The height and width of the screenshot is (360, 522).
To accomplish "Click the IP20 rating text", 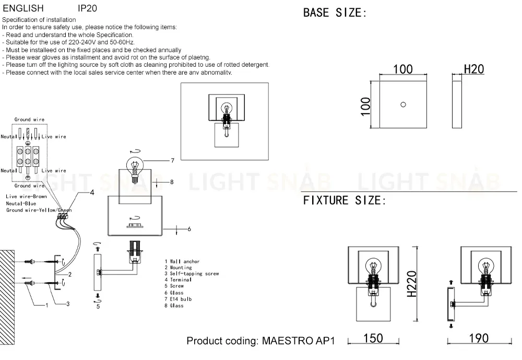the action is [87, 8].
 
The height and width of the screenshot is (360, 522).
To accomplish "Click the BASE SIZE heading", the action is [335, 13].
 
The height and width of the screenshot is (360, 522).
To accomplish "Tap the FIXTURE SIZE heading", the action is [344, 200].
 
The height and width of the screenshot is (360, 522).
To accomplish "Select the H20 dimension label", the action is [474, 69].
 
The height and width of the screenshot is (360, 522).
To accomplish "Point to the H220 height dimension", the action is [412, 284].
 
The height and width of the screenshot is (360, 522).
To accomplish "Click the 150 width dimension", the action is [373, 338].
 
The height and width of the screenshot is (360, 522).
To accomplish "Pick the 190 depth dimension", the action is [479, 338].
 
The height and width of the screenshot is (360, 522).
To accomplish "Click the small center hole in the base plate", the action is [403, 104].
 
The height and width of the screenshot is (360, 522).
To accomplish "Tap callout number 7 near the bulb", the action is [172, 160].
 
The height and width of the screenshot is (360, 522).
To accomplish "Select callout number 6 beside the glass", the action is [189, 229].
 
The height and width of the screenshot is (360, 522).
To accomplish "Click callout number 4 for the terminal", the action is [92, 193].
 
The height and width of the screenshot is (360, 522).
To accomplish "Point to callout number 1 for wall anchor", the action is [46, 305].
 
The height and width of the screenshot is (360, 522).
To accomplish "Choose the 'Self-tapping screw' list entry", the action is [192, 273].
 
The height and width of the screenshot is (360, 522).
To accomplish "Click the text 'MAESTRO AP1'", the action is [298, 341].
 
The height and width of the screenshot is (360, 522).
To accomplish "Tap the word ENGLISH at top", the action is [23, 8].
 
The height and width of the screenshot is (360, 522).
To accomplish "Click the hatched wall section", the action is [7, 297].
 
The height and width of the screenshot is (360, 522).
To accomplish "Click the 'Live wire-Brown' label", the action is [26, 196].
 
